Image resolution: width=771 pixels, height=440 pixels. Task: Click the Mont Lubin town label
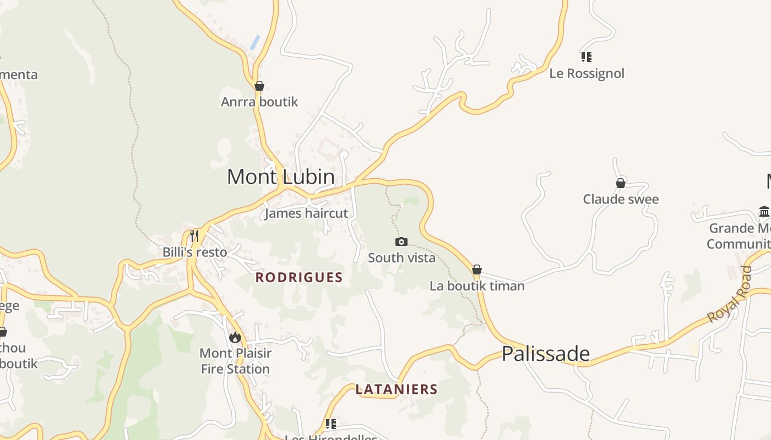[x=281, y=177]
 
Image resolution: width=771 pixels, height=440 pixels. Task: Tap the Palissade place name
[x=546, y=354]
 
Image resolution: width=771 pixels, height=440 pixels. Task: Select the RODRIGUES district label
[x=299, y=278]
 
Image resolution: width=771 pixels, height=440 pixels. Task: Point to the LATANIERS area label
[x=397, y=389]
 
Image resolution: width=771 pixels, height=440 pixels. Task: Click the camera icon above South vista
[x=401, y=241]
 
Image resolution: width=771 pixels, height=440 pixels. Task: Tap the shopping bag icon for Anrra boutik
[x=259, y=86]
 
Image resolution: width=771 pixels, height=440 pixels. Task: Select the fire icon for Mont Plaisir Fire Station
[x=235, y=337]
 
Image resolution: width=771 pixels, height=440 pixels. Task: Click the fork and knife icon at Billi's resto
[x=194, y=236]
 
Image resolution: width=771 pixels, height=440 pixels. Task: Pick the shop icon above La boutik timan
[x=477, y=269]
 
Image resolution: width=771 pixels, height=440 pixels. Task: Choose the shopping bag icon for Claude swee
[x=621, y=183]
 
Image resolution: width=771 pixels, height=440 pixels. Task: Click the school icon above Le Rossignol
[x=587, y=57]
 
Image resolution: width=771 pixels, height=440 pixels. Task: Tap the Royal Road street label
[x=730, y=294]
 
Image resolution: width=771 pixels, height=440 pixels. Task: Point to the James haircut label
[x=306, y=213]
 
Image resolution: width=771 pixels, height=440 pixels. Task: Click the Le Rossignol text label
[x=587, y=73]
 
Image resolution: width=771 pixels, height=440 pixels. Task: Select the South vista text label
[x=401, y=257]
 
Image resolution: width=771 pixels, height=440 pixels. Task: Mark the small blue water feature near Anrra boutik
[x=254, y=42]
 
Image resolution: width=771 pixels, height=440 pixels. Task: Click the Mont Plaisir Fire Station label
[x=235, y=361]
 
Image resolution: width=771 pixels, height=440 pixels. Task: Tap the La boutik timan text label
[x=477, y=286]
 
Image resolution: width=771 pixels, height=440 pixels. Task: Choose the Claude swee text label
[x=621, y=199]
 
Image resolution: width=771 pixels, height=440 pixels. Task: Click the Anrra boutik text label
[x=259, y=102]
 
